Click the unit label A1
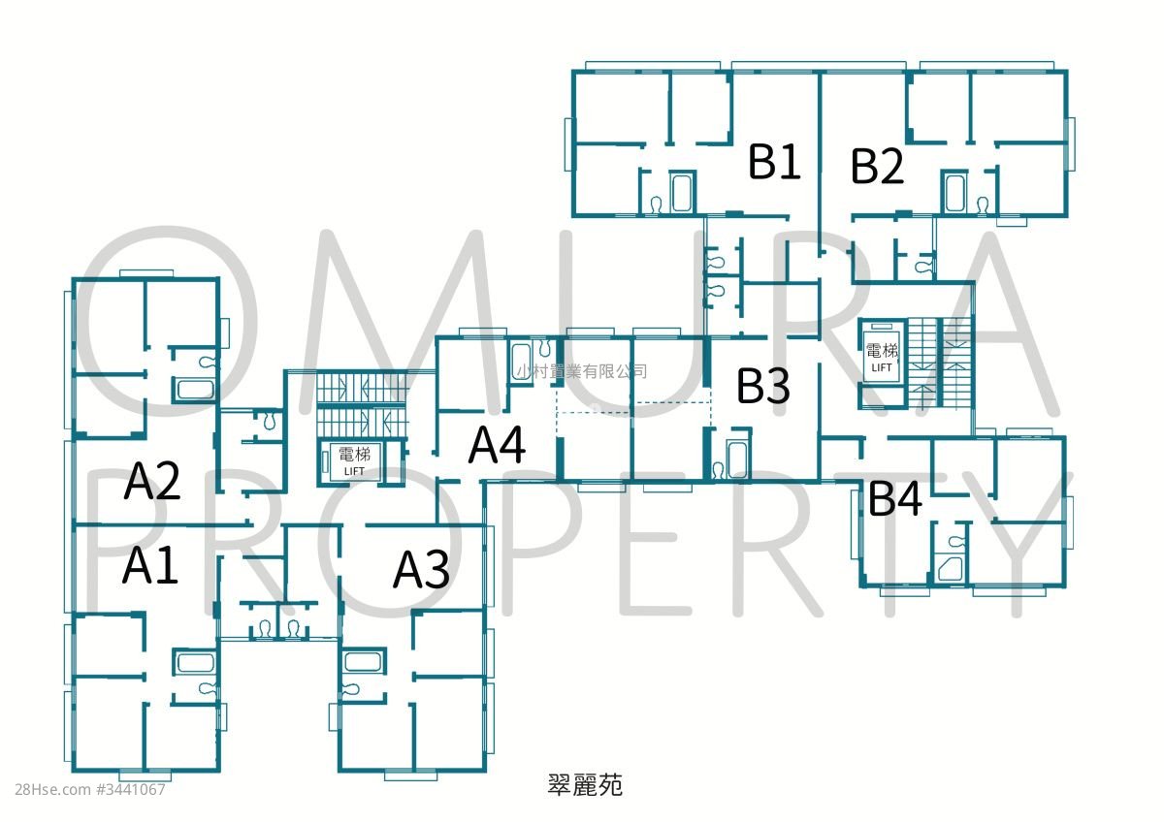(150, 565)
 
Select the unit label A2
(151, 482)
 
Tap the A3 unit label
(421, 570)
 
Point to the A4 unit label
(497, 445)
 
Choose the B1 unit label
(774, 162)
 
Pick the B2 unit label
(877, 166)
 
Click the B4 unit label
(895, 497)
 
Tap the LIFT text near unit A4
(354, 471)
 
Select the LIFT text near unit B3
(882, 367)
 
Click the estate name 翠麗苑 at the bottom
(585, 784)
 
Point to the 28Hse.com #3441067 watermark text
(90, 790)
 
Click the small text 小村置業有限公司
(581, 371)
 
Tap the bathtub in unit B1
(682, 193)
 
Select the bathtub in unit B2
(954, 193)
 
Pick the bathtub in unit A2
(195, 389)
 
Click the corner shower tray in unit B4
(951, 570)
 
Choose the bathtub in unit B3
(737, 459)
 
